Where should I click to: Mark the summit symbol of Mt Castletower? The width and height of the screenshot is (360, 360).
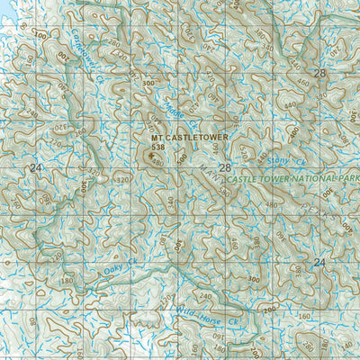[x=148, y=154]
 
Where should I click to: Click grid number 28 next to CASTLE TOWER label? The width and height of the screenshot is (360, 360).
[x=224, y=168]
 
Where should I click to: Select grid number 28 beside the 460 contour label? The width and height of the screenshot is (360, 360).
[x=319, y=73]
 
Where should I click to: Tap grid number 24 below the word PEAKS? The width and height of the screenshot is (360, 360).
[x=319, y=262]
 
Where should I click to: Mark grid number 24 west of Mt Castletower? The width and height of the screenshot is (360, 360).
[x=35, y=168]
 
